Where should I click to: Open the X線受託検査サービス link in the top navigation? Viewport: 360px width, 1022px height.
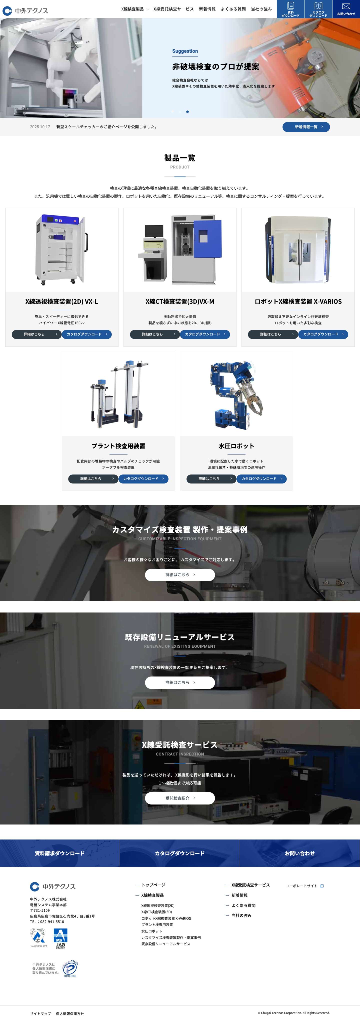[x=173, y=9]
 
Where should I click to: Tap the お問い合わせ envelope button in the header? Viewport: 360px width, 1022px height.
[x=346, y=9]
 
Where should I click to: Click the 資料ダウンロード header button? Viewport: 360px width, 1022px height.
[x=290, y=9]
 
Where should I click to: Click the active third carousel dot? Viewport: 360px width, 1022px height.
[x=187, y=112]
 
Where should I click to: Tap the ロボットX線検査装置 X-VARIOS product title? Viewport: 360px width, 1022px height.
[x=298, y=301]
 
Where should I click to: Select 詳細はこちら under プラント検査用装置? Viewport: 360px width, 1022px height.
[x=93, y=478]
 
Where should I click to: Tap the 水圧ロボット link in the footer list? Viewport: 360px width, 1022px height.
[x=151, y=931]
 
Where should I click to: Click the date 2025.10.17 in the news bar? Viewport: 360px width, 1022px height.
[x=40, y=127]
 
